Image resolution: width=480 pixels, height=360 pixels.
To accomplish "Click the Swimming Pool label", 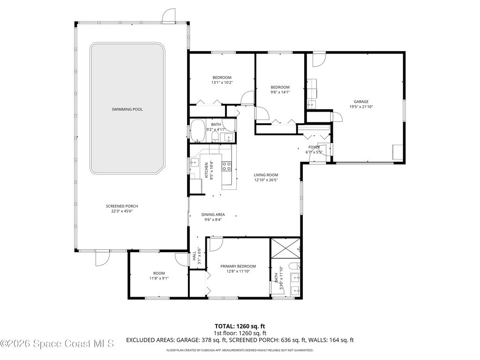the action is tap(127, 109).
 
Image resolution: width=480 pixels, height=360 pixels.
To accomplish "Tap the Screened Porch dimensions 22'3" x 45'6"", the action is tap(122, 211).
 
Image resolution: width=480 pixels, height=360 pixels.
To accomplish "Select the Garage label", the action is tap(361, 102).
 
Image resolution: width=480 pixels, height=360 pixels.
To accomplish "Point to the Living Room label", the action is tap(266, 175).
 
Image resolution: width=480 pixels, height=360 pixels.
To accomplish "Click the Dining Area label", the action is tap(213, 215).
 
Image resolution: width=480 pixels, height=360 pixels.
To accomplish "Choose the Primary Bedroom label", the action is tap(238, 266).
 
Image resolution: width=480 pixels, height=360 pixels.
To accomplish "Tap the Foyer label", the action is tap(314, 147).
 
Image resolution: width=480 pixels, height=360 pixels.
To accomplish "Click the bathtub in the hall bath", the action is tap(198, 131).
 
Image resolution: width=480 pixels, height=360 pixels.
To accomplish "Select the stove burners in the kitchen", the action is tap(226, 166).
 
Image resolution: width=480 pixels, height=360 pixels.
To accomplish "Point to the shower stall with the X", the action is tap(285, 248).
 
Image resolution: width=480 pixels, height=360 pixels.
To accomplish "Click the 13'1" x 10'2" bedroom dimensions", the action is tap(222, 82).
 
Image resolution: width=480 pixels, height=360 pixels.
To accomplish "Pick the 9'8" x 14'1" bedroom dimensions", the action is tap(280, 92).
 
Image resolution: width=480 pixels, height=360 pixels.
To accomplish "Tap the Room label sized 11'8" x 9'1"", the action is tap(159, 273).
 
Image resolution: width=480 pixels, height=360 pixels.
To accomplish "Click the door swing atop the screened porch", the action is tap(168, 15).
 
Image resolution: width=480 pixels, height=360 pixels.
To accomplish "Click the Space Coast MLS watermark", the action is tap(57, 344).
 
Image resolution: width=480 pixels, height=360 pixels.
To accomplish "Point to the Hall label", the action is tap(194, 256).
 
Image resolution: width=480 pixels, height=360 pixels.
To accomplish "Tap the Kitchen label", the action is tap(206, 170).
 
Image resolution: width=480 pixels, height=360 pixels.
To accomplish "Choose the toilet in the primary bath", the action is tap(294, 266).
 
